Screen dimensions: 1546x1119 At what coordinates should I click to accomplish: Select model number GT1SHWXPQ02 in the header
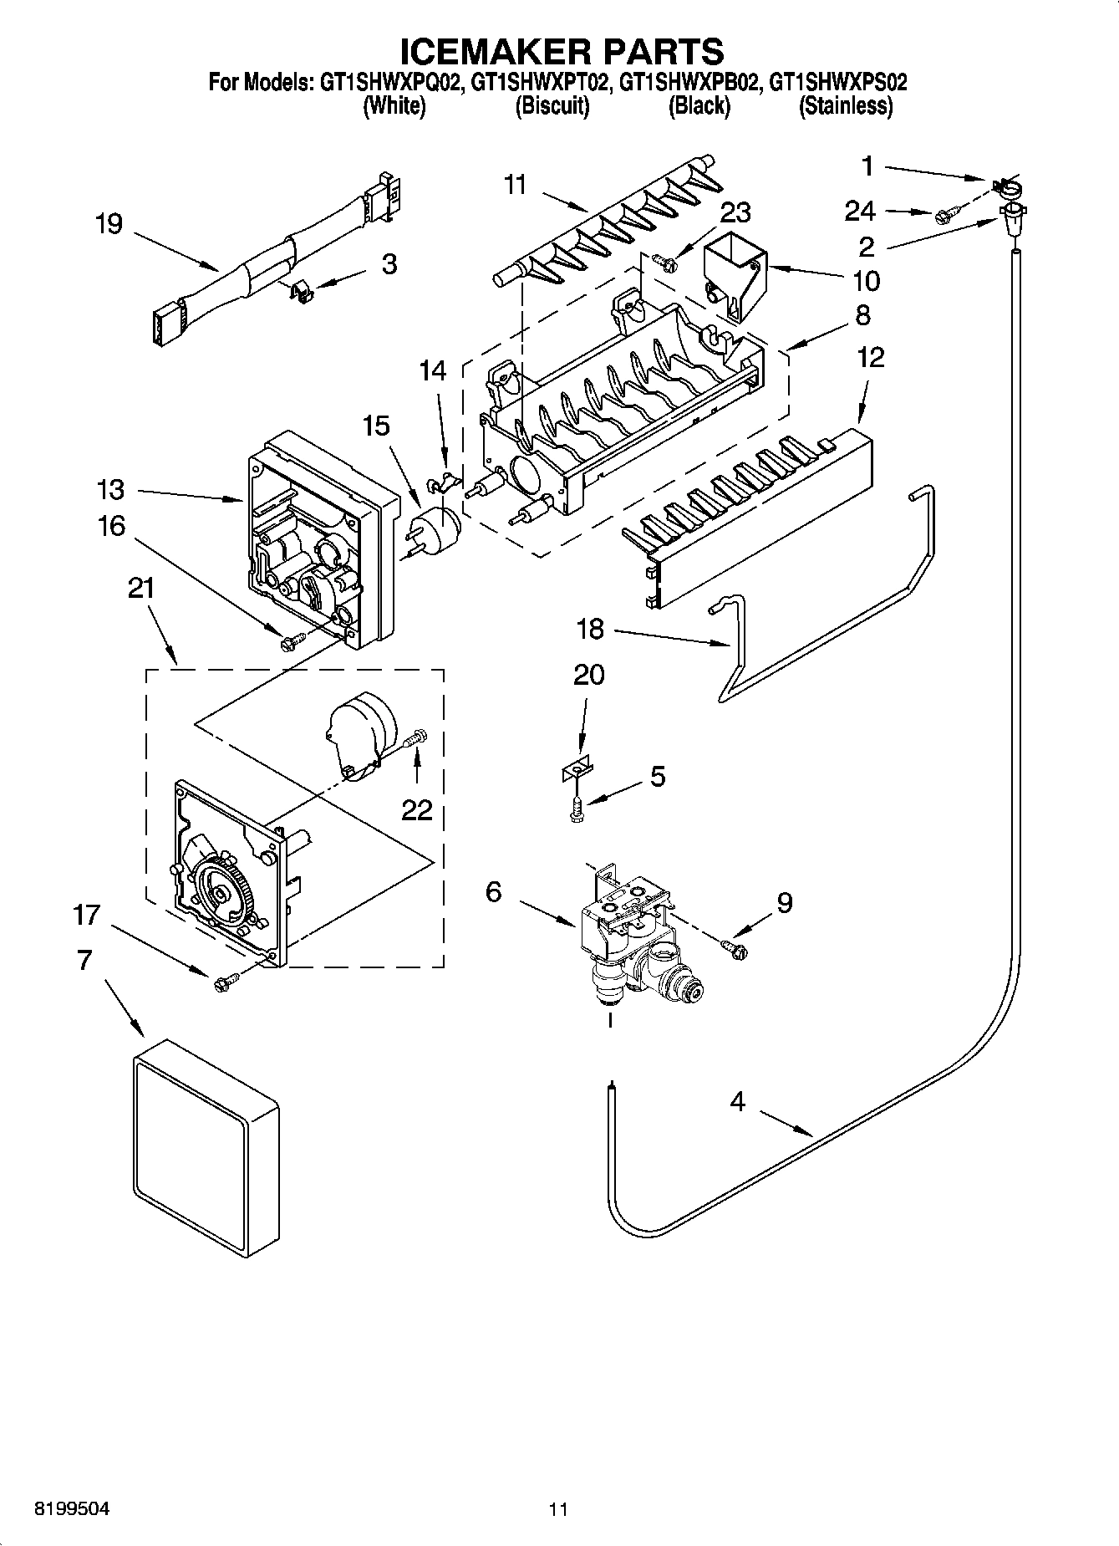pyautogui.click(x=390, y=83)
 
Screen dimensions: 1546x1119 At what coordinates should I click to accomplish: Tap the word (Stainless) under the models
pyautogui.click(x=845, y=106)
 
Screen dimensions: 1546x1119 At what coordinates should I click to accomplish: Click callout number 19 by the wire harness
pyautogui.click(x=109, y=224)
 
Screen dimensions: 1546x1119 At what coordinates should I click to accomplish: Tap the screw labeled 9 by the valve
pyautogui.click(x=735, y=947)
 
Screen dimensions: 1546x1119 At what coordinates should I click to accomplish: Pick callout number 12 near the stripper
pyautogui.click(x=870, y=358)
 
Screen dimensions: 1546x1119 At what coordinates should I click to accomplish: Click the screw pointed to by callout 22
pyautogui.click(x=415, y=738)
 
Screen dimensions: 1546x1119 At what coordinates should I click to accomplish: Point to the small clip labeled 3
pyautogui.click(x=302, y=290)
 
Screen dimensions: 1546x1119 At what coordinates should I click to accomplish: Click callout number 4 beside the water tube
pyautogui.click(x=737, y=1102)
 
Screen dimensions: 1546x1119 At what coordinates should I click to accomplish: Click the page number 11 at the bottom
pyautogui.click(x=558, y=1509)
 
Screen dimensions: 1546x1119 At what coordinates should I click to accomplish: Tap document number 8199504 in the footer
pyautogui.click(x=71, y=1509)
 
